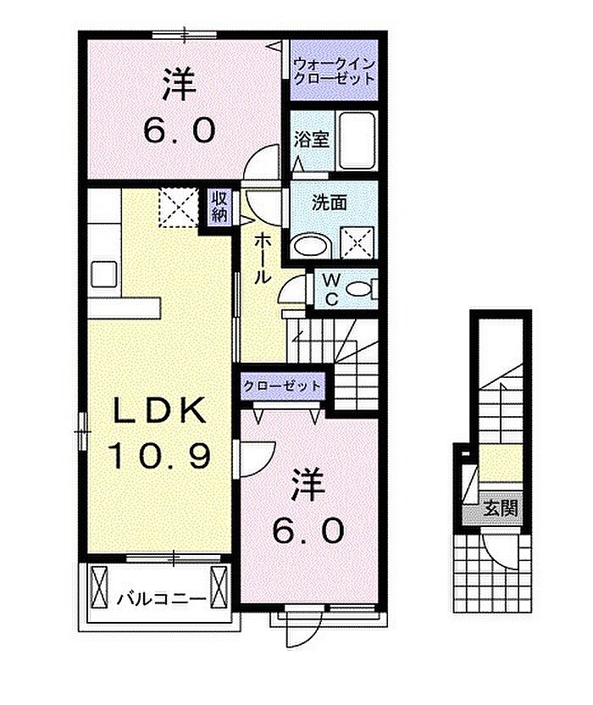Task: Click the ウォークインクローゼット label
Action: (334, 71)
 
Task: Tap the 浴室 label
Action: (312, 140)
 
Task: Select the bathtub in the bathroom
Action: (357, 141)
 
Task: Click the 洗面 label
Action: (329, 203)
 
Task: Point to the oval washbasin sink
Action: (311, 246)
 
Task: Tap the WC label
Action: (331, 290)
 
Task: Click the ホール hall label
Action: (263, 259)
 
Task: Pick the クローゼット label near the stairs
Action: (282, 386)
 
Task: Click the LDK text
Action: (159, 409)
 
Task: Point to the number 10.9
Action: (159, 455)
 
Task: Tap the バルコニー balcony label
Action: (163, 599)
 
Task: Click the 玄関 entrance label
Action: (501, 508)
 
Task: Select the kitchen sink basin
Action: (104, 275)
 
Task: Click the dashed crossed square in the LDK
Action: (179, 208)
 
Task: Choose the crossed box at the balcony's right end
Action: (219, 586)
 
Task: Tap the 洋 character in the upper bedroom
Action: (180, 84)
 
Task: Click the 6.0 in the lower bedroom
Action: (308, 530)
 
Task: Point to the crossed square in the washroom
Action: (357, 243)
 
